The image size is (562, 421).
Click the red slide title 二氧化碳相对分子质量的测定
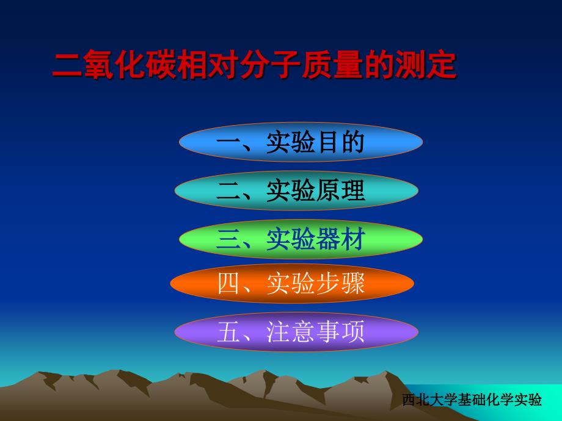pyautogui.click(x=255, y=65)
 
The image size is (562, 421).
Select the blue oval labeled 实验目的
pyautogui.click(x=301, y=142)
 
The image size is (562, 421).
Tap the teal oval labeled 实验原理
pyautogui.click(x=296, y=190)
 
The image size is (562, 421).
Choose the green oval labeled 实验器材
pyautogui.click(x=301, y=239)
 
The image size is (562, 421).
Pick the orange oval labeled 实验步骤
pyautogui.click(x=292, y=284)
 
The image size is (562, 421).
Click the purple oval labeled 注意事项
pyautogui.click(x=296, y=332)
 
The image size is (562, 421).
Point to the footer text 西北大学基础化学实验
pyautogui.click(x=472, y=400)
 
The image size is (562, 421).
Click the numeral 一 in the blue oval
pyautogui.click(x=228, y=143)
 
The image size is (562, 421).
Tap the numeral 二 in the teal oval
pyautogui.click(x=228, y=191)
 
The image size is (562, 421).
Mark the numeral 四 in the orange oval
pyautogui.click(x=228, y=284)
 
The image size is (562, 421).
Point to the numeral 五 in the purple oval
pyautogui.click(x=228, y=332)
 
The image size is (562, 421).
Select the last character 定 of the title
pyautogui.click(x=442, y=65)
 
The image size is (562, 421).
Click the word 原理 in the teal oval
pyautogui.click(x=340, y=190)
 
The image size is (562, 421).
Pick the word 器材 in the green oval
pyautogui.click(x=340, y=239)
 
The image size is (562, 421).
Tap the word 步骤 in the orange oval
pyautogui.click(x=340, y=284)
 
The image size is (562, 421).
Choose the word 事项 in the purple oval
pyautogui.click(x=340, y=332)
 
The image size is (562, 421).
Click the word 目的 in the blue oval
pyautogui.click(x=340, y=142)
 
